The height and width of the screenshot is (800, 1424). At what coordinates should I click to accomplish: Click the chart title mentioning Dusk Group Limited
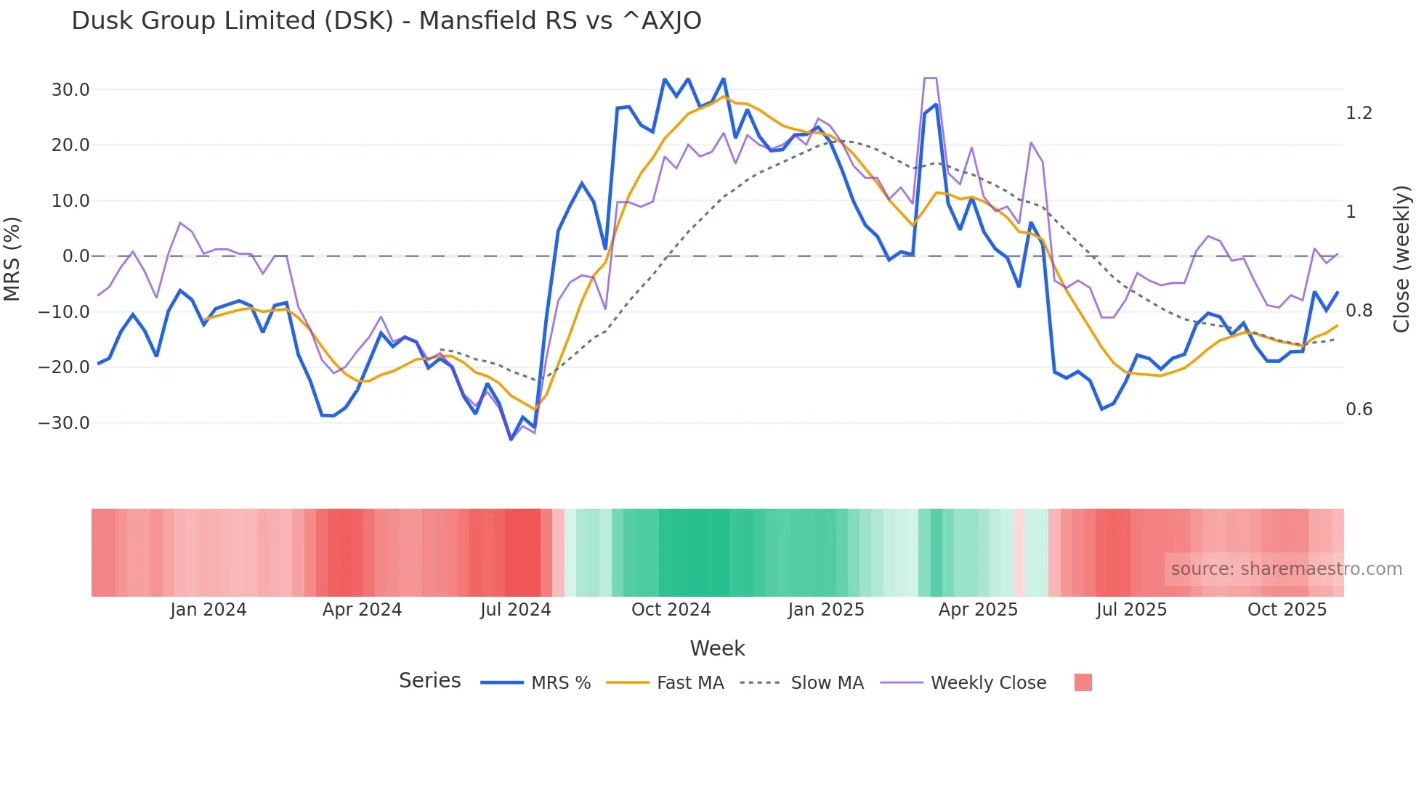[386, 21]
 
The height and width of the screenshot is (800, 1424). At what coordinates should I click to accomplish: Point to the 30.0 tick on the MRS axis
[70, 90]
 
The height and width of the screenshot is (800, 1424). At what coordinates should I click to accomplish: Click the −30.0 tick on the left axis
[65, 423]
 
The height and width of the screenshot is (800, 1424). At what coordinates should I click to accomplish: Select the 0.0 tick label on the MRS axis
[76, 256]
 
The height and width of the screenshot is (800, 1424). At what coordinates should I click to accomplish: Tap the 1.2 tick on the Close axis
[1359, 113]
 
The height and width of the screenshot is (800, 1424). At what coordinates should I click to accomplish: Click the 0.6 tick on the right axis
[1359, 409]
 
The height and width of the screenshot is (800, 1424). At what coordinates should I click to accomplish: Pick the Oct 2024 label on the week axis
[671, 610]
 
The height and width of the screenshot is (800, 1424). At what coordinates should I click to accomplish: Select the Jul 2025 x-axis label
[1131, 610]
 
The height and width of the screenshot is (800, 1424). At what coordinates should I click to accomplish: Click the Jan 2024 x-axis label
[209, 610]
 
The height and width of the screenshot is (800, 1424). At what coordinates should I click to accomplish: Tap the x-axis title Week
[717, 648]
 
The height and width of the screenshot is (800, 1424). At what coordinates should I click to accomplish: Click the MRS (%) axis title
[12, 258]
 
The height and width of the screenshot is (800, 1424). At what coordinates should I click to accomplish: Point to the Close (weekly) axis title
[1401, 259]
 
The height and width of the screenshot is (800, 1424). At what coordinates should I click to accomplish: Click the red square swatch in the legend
[1083, 682]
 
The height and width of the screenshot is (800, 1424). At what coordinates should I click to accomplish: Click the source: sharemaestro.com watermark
[1286, 569]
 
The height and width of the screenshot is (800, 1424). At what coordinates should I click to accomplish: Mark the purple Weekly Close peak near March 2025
[930, 78]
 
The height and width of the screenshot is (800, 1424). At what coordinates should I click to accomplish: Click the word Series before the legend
[429, 681]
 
